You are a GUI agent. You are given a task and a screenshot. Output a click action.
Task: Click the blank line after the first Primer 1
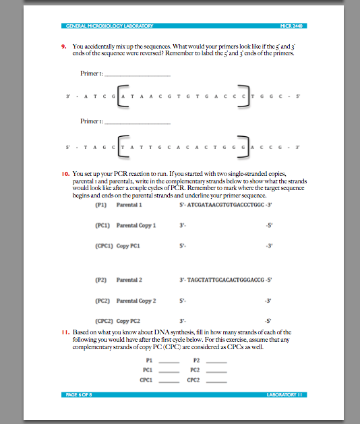point(137,75)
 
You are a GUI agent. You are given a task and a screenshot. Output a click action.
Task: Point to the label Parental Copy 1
point(136,226)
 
